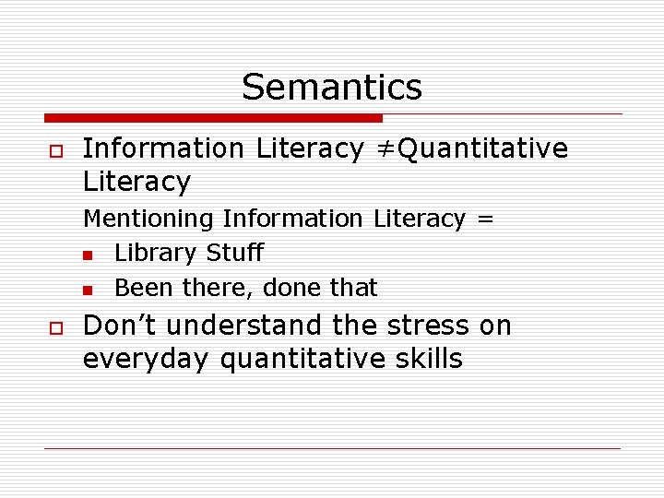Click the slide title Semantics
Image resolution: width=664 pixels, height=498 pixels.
(332, 87)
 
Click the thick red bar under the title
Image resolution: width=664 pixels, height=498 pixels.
(213, 118)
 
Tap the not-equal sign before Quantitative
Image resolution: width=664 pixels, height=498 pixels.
(383, 148)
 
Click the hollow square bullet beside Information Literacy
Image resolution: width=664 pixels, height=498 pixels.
(54, 149)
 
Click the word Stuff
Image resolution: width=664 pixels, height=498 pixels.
(235, 253)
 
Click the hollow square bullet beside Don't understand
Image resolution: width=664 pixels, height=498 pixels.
(54, 327)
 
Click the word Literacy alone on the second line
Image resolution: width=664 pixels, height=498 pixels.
(136, 182)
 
